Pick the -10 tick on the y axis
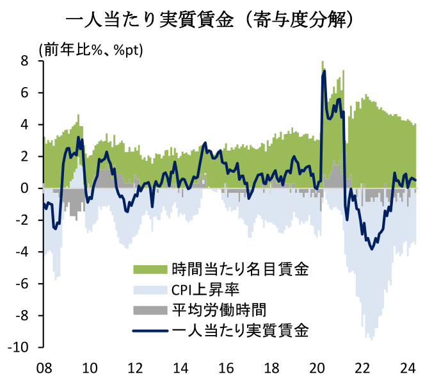(19, 348)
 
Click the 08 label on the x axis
(44, 368)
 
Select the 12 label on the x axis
(135, 368)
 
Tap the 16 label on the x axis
(227, 368)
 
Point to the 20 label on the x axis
(318, 368)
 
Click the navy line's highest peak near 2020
(324, 71)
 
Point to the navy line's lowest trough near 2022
(372, 249)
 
